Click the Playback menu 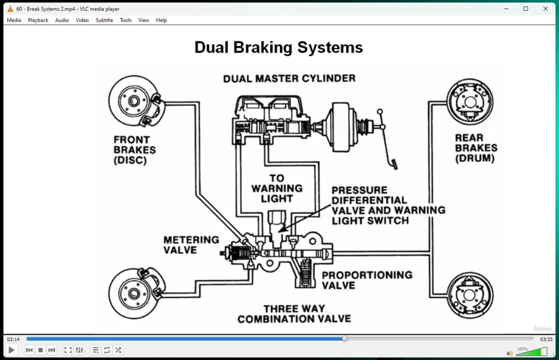38,20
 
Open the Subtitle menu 104,20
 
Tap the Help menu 161,20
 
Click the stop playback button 41,350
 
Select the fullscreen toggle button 68,350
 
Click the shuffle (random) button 118,350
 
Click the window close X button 545,9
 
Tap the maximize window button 526,9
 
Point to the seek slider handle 345,339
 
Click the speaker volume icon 510,353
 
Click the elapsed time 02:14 13,339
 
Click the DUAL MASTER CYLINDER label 289,78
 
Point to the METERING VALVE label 191,245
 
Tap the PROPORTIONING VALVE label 367,280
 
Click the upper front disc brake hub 134,101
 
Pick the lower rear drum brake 470,295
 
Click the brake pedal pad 394,164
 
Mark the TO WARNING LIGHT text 277,188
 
